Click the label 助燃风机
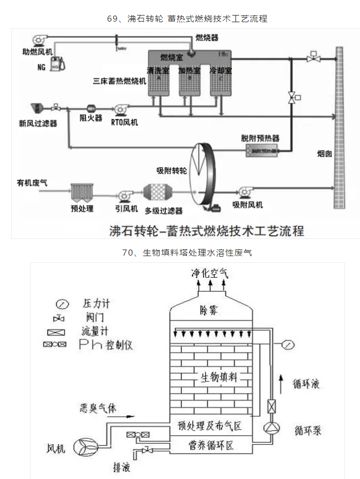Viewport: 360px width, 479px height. tap(34, 52)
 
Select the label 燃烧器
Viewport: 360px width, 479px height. tap(206, 37)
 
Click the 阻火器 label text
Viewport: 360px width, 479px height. tap(91, 119)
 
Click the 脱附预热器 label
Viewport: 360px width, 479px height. tap(260, 137)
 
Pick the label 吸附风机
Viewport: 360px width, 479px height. tap(247, 205)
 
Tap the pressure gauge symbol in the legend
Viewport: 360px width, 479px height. tap(62, 304)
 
